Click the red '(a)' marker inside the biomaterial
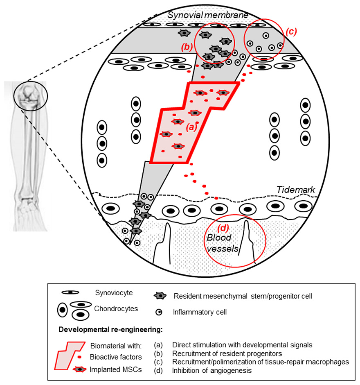[191, 127]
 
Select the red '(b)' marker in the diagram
[187, 47]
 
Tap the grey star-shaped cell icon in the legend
[159, 296]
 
